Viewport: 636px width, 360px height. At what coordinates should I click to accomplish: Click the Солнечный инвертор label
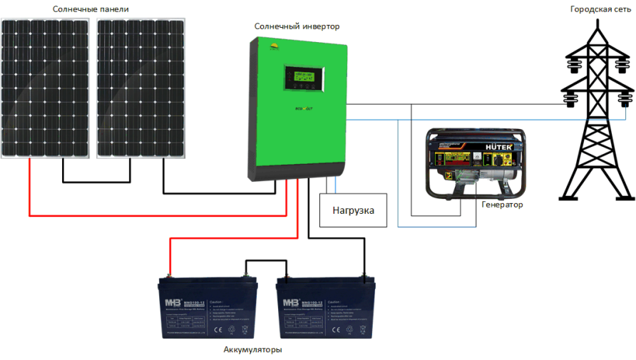pyautogui.click(x=297, y=26)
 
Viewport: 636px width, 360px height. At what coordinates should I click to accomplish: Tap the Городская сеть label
pyautogui.click(x=600, y=9)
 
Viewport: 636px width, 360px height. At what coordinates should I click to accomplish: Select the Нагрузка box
pyautogui.click(x=353, y=210)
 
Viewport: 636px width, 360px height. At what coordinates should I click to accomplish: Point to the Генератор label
pyautogui.click(x=502, y=205)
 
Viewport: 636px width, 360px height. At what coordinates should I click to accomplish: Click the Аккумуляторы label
pyautogui.click(x=252, y=350)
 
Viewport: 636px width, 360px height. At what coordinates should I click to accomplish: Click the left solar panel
pyautogui.click(x=46, y=88)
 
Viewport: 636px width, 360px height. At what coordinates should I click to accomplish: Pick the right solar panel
pyautogui.click(x=141, y=88)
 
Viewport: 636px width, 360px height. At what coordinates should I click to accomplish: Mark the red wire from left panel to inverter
pyautogui.click(x=157, y=215)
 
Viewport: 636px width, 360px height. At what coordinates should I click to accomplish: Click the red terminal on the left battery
pyautogui.click(x=170, y=274)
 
